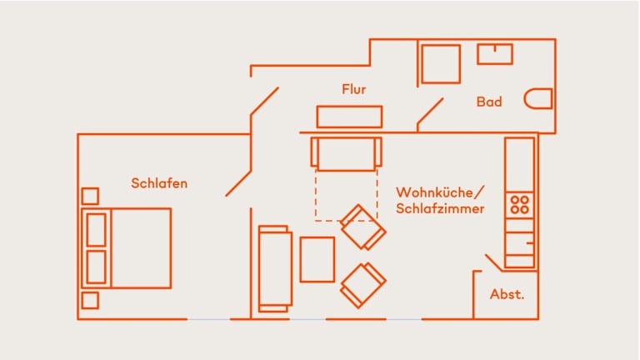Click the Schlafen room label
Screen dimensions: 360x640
tap(159, 183)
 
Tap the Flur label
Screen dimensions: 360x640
tap(353, 89)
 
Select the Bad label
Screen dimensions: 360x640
tap(489, 102)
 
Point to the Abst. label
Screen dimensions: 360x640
tap(507, 295)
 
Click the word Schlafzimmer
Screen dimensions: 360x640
tap(440, 209)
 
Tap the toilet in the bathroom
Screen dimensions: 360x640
tap(539, 99)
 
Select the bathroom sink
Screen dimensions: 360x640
tap(495, 54)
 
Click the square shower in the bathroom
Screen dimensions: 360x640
tap(441, 64)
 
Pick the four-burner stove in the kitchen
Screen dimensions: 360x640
tap(520, 205)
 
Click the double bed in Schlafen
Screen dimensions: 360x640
tap(129, 247)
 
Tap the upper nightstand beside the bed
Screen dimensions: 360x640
tap(90, 197)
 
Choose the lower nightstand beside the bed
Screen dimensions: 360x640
tap(90, 300)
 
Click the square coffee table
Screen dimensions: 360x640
tap(317, 259)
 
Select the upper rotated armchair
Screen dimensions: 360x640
tap(363, 227)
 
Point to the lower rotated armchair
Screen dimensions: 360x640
tap(363, 285)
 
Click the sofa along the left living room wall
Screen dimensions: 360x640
tap(274, 269)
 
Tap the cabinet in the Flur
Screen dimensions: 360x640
tap(349, 117)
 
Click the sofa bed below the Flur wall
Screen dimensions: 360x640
tap(346, 153)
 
